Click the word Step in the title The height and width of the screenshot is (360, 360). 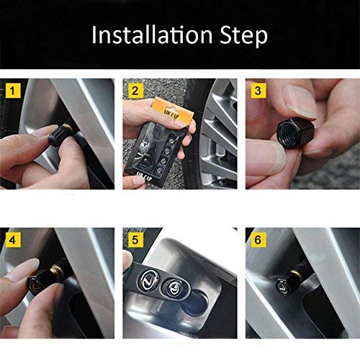coord(243,36)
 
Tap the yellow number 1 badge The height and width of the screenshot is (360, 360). coord(13,91)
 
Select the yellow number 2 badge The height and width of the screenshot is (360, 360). coord(135,91)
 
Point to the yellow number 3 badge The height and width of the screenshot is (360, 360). coord(258,91)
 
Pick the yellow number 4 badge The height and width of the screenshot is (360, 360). coord(13,240)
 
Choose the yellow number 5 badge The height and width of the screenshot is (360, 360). coord(135,240)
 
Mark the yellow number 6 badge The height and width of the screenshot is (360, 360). coord(258,240)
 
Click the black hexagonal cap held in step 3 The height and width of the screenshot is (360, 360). coord(295,132)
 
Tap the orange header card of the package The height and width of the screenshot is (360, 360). coord(172,112)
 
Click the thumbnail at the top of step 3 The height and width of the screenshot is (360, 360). coord(299,102)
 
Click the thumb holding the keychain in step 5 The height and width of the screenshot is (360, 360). coord(127,261)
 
